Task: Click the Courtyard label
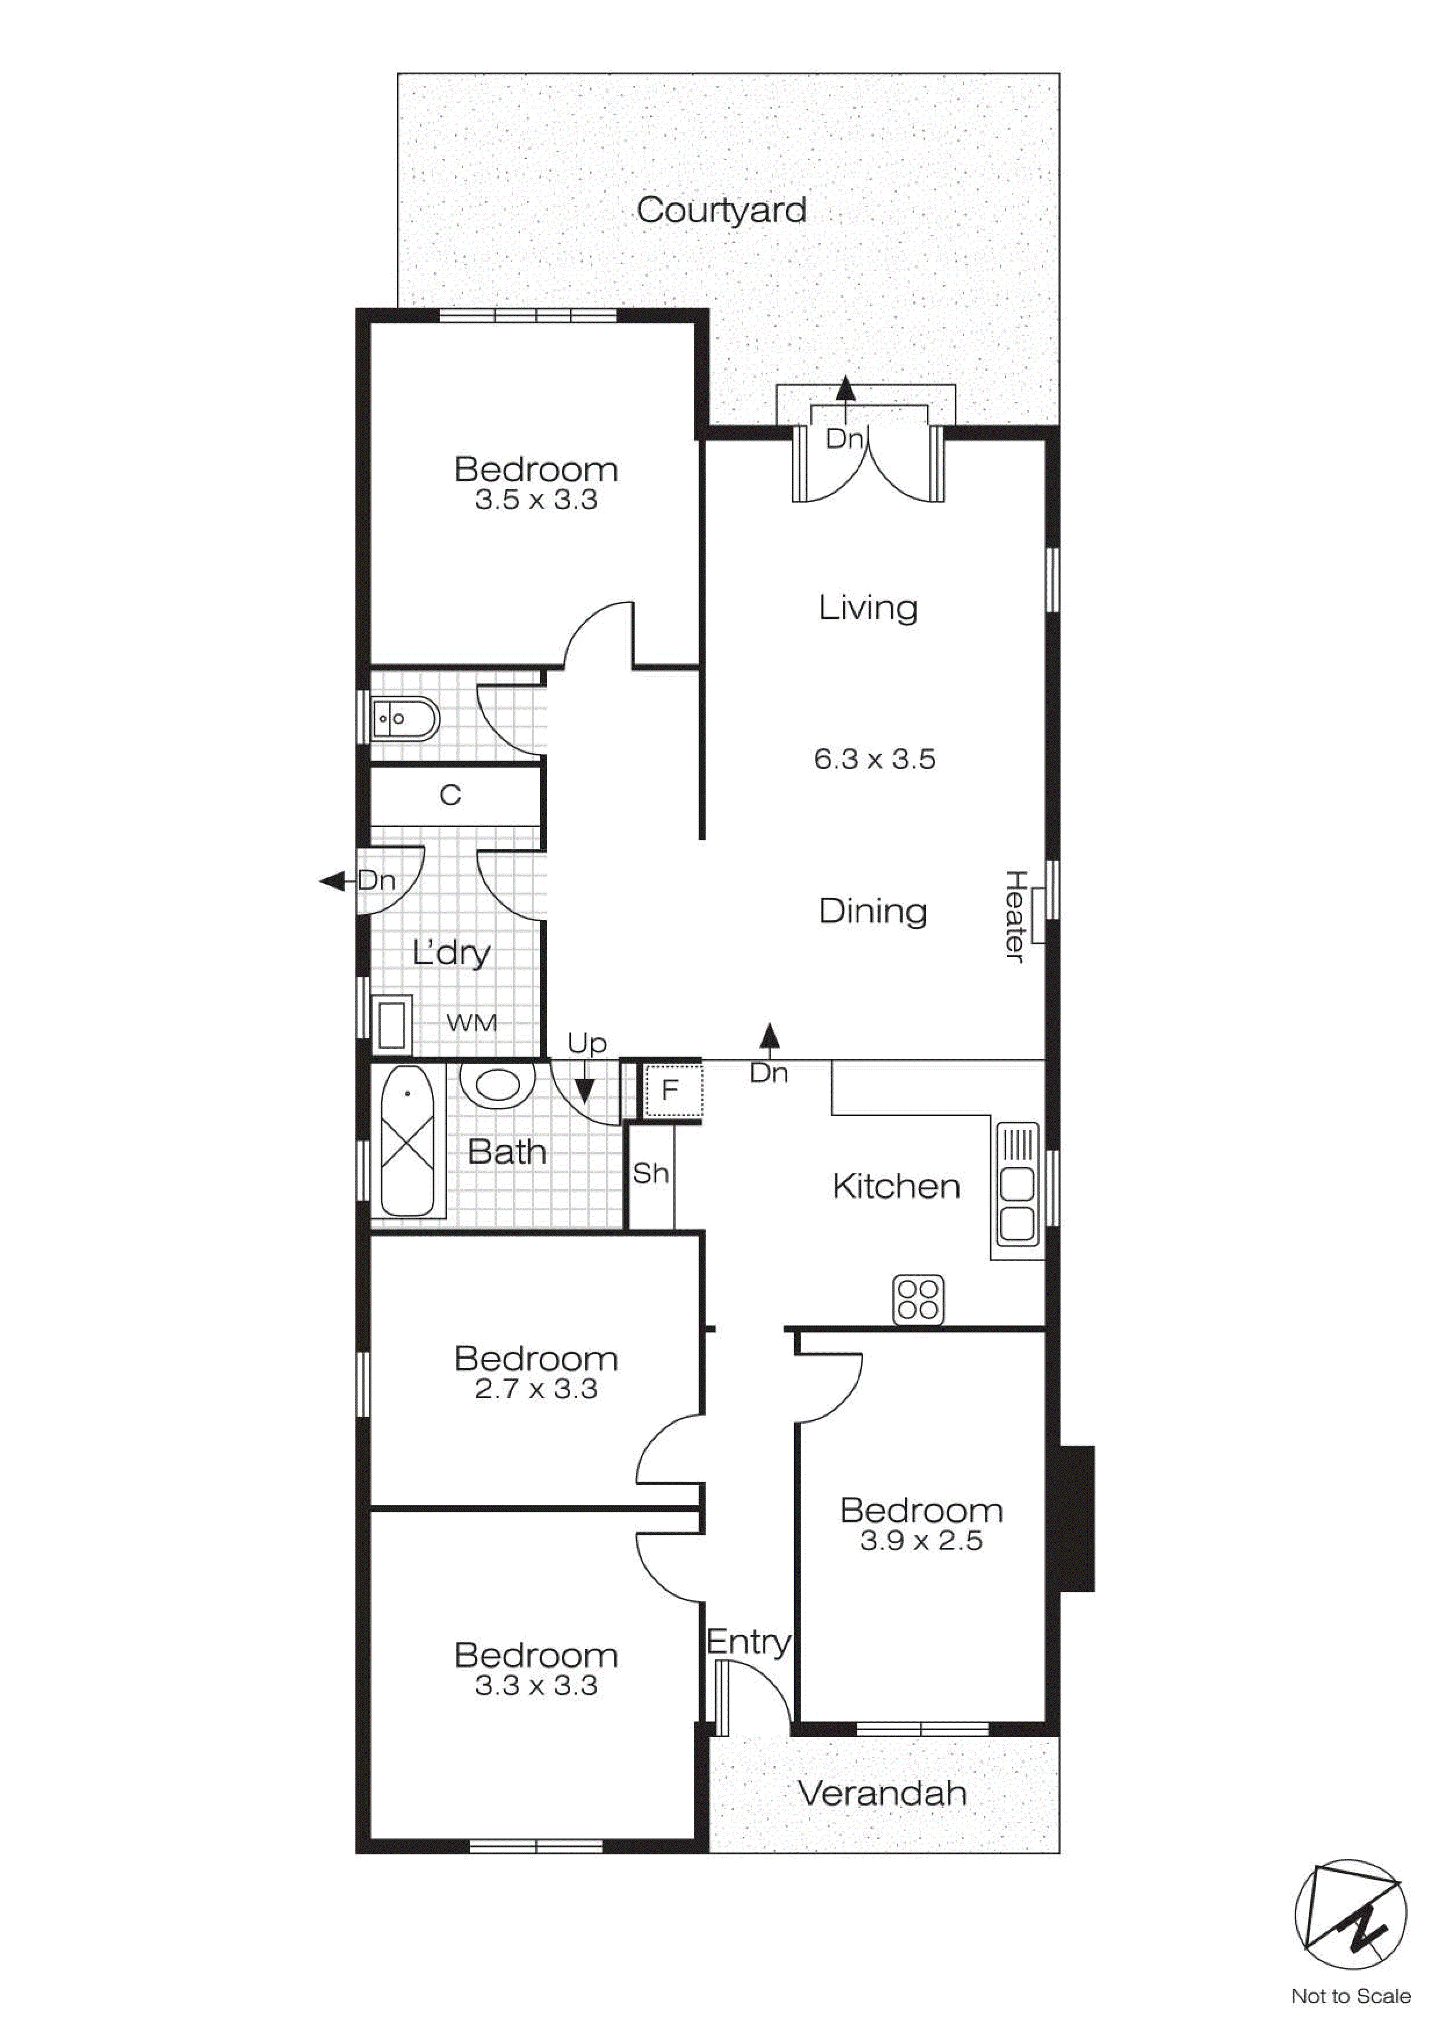(721, 210)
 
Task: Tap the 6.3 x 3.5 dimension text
(874, 759)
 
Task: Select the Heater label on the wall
(1015, 916)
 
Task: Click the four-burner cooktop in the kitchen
(918, 1300)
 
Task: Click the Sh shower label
(650, 1173)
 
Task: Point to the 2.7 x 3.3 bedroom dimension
(536, 1389)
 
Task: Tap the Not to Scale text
(1350, 1996)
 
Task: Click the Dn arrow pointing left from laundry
(333, 880)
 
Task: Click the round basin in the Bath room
(497, 1085)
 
